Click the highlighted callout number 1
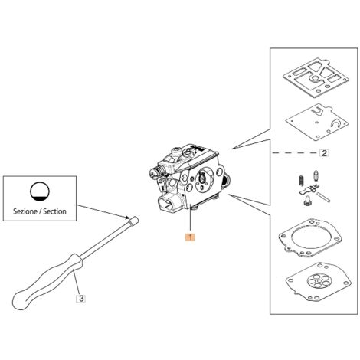tap(190, 237)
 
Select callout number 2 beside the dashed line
tap(324, 153)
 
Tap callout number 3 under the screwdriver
tap(81, 298)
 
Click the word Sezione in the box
tap(25, 211)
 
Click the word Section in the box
tap(54, 211)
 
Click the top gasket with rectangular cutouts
tap(316, 78)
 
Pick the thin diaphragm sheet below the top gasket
tap(316, 122)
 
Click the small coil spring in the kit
tap(301, 181)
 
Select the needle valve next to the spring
tap(316, 175)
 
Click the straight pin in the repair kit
tap(323, 197)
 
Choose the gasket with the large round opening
tap(309, 237)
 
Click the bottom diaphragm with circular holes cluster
tap(319, 281)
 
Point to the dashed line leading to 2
tap(296, 153)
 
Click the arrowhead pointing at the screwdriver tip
tap(127, 218)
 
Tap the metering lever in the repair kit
tap(309, 190)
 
